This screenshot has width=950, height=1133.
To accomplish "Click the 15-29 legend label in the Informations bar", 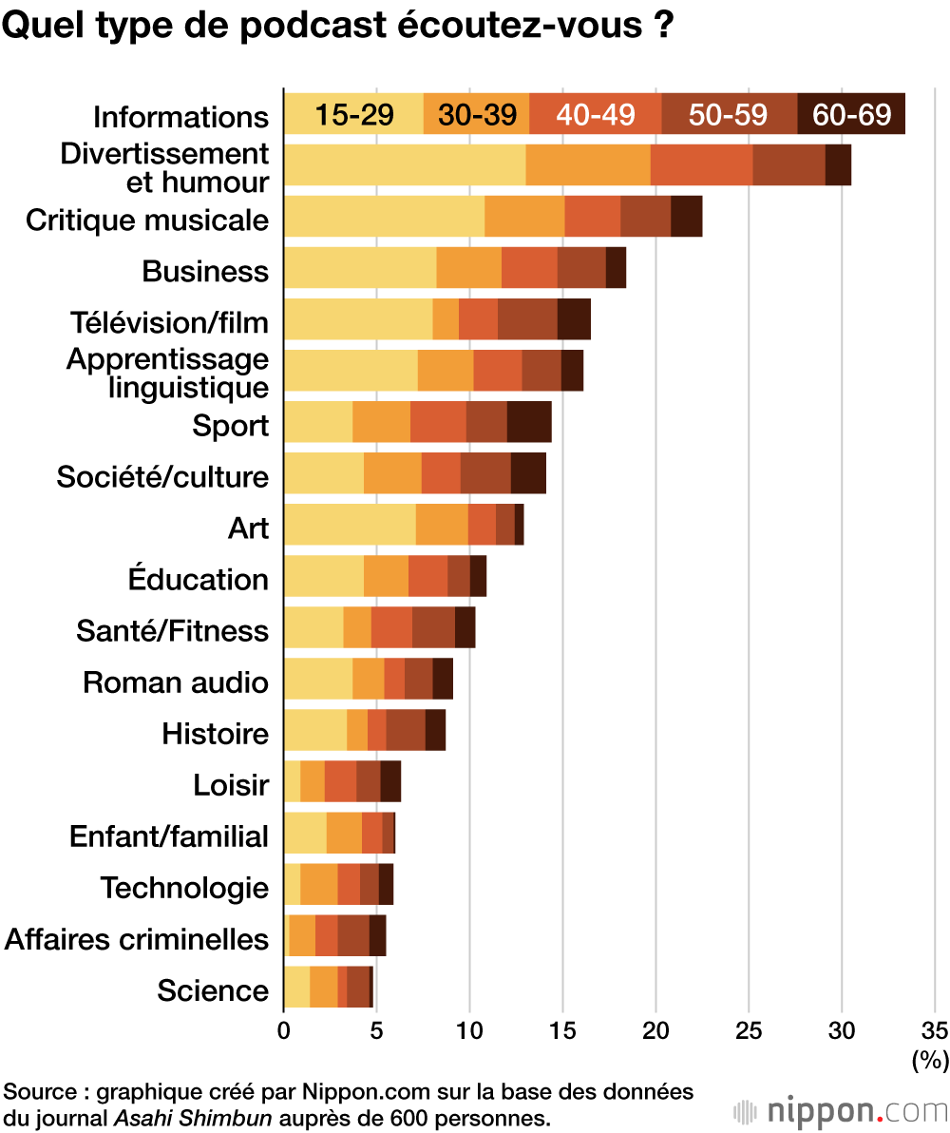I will (354, 115).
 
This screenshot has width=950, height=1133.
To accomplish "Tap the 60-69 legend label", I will (851, 115).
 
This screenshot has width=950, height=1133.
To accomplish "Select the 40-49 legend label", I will (595, 115).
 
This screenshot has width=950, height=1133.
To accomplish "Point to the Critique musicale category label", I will (147, 221).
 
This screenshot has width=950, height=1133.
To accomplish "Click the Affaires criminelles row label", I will (137, 939).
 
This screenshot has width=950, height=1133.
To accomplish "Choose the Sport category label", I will (231, 426).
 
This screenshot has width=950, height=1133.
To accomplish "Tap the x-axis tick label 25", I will (750, 1031).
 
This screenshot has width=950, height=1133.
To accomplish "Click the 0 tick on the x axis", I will (284, 1031).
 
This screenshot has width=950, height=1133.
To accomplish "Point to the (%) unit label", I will (930, 1059).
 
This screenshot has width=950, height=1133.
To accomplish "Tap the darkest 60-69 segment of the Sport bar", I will (529, 422).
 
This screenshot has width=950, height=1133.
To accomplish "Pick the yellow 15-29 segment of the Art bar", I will (350, 525).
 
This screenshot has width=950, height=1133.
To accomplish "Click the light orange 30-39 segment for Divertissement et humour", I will (588, 165).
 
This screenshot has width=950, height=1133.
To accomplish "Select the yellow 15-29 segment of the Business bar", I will (360, 268).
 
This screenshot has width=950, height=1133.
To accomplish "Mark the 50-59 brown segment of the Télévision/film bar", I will (527, 319).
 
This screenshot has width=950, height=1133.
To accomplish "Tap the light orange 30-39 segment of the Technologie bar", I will (319, 884).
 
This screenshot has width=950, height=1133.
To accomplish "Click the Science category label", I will (213, 990).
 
